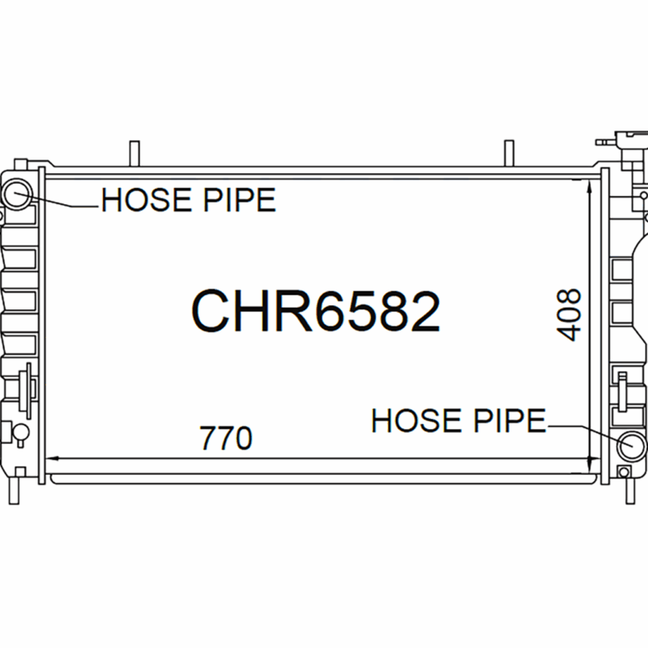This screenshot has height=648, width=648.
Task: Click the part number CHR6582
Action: pos(316,311)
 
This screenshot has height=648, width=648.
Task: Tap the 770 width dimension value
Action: pos(226,437)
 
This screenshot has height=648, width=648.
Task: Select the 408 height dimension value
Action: pos(569,315)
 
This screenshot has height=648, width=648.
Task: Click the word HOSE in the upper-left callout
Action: pos(147,199)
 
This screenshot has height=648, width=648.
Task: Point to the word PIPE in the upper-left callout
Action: pos(239,199)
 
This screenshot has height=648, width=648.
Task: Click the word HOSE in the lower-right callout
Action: pos(416,420)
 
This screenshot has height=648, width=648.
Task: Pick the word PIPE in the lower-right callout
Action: pos(510,420)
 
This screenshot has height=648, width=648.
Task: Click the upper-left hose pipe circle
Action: pos(17,194)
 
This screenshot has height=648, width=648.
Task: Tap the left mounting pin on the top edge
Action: pos(134,153)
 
